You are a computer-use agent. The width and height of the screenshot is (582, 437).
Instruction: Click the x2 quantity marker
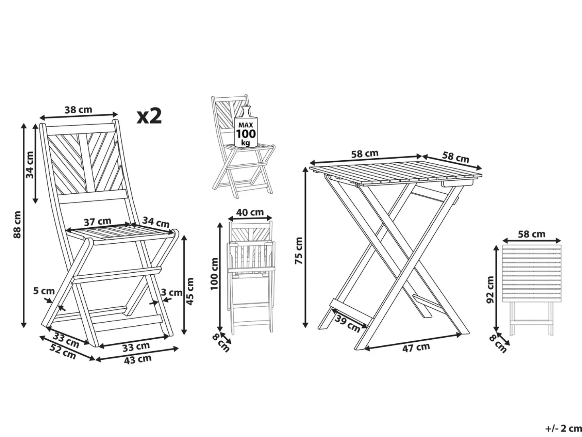[149, 116]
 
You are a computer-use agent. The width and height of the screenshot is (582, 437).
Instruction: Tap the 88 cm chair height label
[18, 224]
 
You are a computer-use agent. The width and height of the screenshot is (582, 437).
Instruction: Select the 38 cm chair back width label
[79, 109]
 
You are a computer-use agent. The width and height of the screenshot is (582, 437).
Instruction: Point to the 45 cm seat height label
[190, 291]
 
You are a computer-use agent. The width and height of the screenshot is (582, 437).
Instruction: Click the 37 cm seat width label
[98, 221]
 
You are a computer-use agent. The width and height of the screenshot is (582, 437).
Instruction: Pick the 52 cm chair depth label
[63, 352]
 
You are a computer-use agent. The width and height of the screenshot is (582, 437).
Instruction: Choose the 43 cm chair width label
[138, 359]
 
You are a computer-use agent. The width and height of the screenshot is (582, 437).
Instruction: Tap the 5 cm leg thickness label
[44, 291]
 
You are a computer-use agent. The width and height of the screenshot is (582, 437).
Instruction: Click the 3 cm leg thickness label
[171, 292]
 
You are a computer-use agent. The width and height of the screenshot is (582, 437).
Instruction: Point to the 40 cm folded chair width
[250, 212]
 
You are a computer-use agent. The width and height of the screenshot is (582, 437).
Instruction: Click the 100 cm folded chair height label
[214, 274]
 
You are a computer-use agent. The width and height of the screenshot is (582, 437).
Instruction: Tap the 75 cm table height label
[299, 250]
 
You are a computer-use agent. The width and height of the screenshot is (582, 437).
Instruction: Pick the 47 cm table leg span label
[416, 347]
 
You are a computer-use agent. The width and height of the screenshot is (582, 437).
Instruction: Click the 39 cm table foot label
[347, 324]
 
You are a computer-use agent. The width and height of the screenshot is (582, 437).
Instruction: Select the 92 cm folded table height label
[490, 289]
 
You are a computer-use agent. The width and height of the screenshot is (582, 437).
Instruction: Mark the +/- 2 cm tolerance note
[562, 428]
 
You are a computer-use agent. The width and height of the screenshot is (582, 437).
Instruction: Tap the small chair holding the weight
[243, 146]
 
